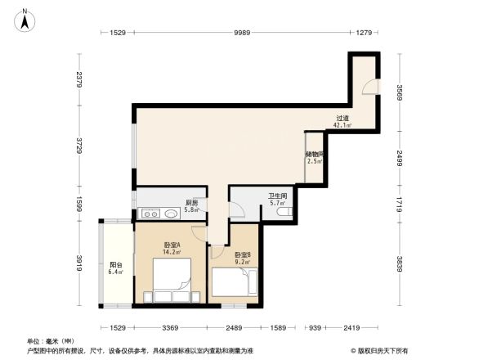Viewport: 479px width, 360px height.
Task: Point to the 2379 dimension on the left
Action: [79, 79]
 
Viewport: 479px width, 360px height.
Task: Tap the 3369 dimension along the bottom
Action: [170, 328]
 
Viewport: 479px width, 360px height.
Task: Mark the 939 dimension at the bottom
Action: [314, 328]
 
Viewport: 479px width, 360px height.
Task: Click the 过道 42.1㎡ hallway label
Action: [343, 122]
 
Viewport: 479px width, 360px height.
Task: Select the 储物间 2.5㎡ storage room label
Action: [315, 157]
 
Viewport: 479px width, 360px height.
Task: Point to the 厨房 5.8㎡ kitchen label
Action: [191, 206]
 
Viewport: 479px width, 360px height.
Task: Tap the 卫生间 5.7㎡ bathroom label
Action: [277, 200]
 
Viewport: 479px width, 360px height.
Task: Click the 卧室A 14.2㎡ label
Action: [172, 250]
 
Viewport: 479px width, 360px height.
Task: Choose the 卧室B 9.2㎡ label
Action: [243, 259]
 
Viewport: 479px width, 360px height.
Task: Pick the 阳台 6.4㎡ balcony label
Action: [116, 268]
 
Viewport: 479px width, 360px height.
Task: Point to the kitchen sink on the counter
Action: [170, 214]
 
